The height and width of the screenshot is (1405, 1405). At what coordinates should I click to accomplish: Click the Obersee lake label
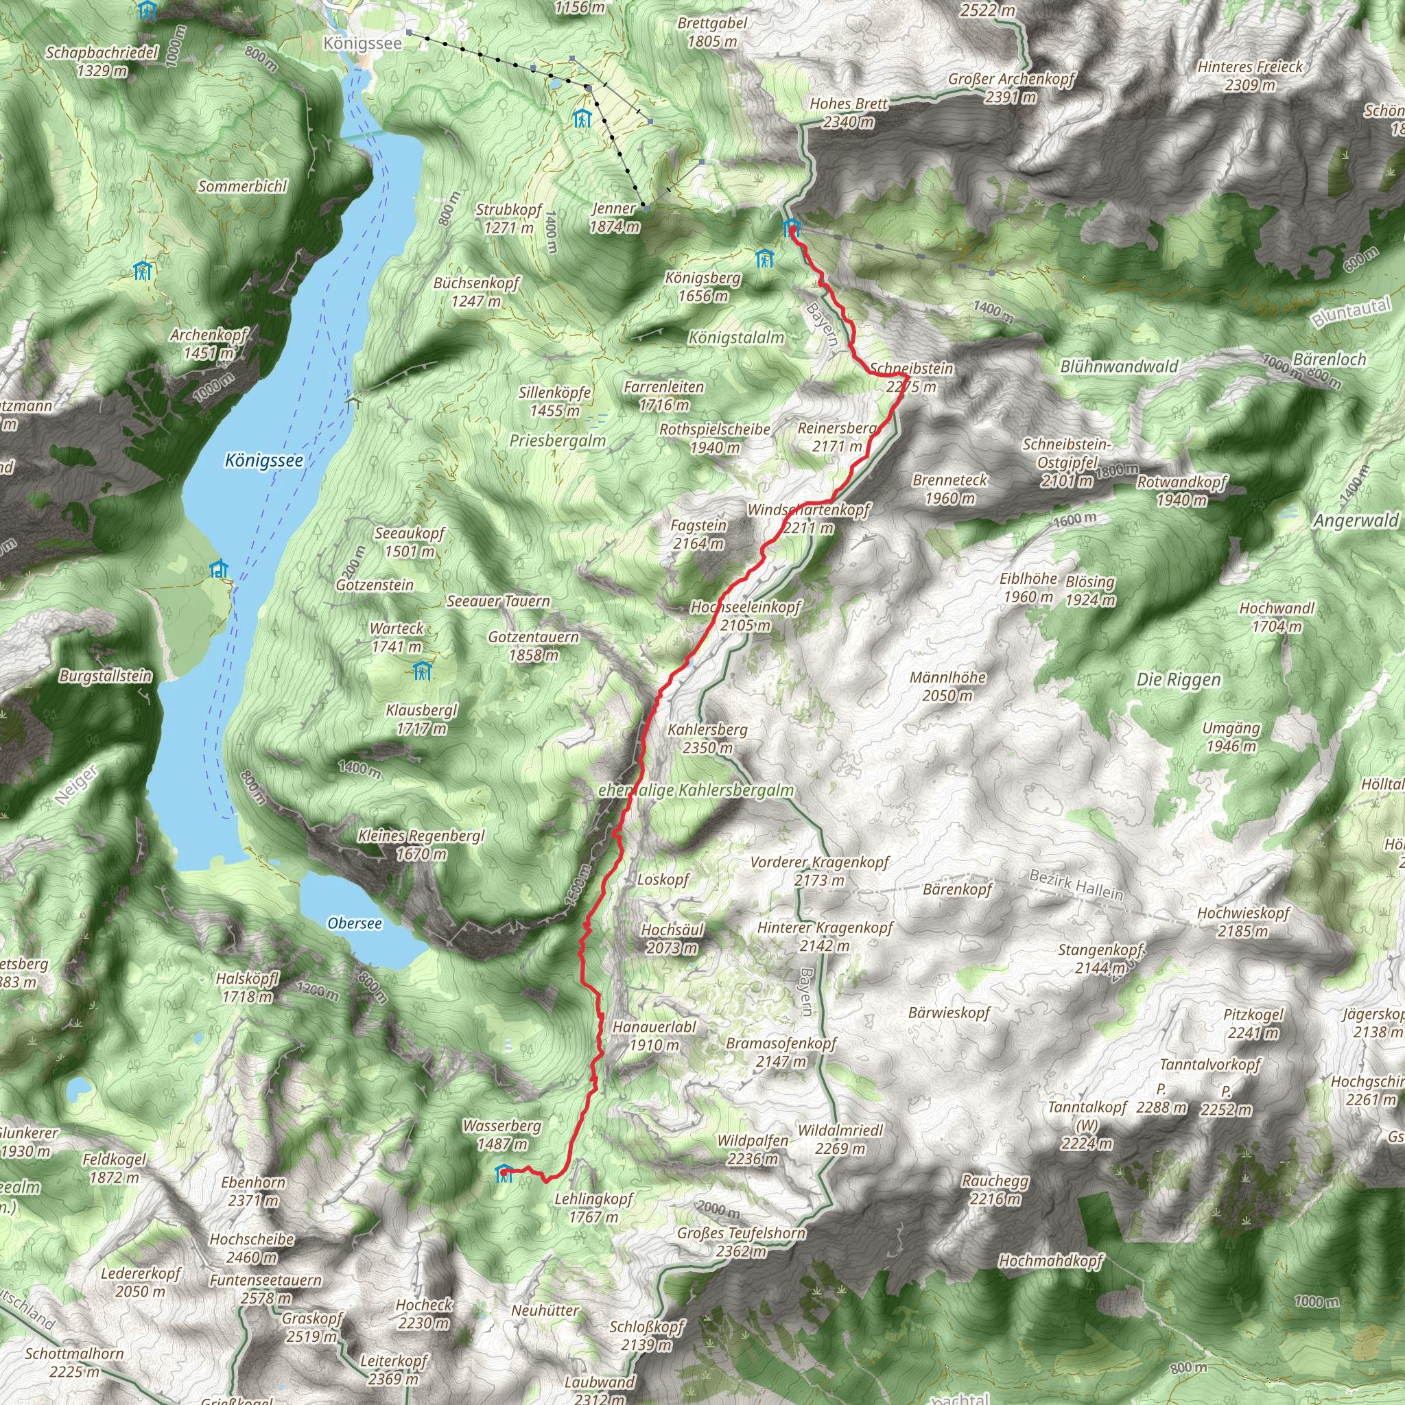354,923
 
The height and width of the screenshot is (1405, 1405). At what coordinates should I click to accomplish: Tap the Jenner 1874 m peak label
615,217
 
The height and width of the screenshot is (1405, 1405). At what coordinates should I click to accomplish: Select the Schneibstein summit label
911,377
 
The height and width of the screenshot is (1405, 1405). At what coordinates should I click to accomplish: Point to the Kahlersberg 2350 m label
707,738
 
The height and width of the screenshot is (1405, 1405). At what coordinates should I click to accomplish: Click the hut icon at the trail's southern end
504,1173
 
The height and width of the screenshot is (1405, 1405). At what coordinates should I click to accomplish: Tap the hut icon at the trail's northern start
791,228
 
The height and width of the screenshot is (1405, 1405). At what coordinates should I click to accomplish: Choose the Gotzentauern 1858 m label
533,646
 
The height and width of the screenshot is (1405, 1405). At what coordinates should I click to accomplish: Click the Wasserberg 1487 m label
501,1135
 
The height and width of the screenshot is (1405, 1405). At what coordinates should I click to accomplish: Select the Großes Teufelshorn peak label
741,1241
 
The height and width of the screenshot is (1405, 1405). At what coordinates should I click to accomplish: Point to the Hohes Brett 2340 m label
849,113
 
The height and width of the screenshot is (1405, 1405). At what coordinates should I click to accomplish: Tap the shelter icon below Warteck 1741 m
422,670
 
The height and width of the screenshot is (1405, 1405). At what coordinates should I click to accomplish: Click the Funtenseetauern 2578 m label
265,1288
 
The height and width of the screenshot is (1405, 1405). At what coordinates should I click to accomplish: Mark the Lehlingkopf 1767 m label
593,1207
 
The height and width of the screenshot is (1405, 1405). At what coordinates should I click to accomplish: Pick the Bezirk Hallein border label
1076,884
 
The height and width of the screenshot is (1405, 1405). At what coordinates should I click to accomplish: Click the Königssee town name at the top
362,43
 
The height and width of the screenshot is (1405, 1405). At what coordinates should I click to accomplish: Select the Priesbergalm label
557,440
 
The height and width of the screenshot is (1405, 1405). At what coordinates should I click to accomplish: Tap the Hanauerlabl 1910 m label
654,1035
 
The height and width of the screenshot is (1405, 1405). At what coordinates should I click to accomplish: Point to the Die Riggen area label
1178,680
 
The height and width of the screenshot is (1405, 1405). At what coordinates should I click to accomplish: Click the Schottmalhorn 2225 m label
74,1362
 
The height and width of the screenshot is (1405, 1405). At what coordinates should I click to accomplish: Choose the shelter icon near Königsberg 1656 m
764,258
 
